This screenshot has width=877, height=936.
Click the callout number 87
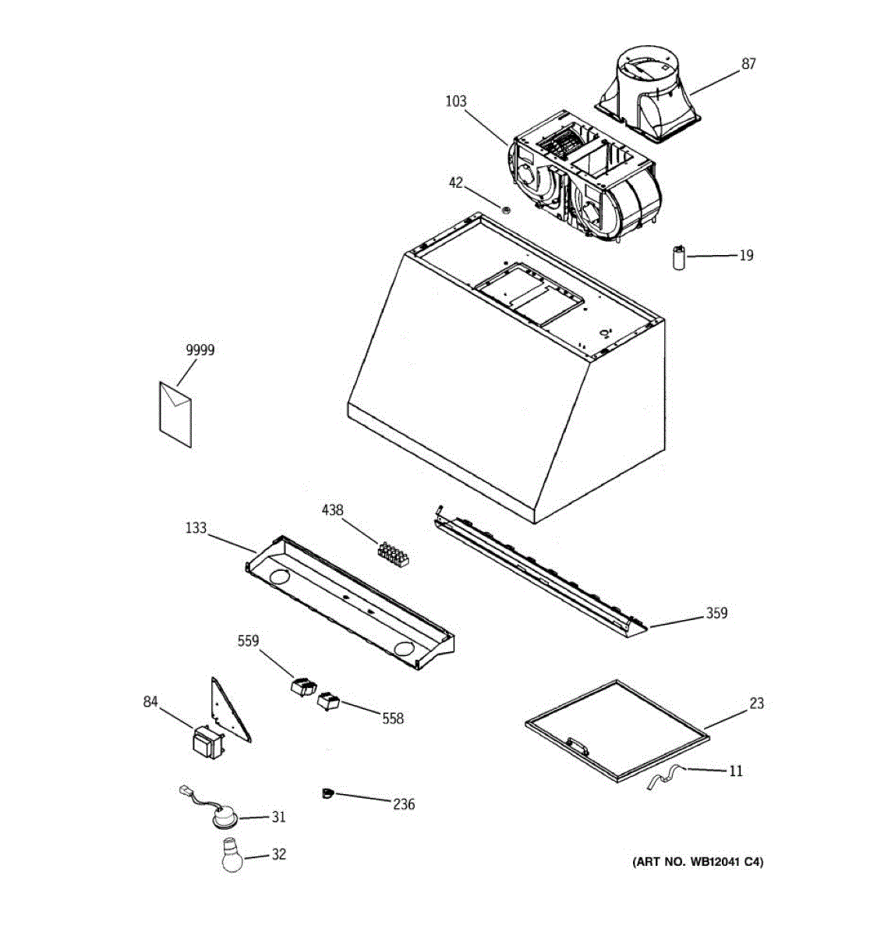click(748, 64)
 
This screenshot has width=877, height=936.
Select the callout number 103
click(455, 101)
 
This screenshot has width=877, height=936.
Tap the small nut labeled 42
click(504, 208)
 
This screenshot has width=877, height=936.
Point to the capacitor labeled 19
click(679, 257)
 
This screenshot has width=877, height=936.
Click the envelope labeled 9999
click(175, 413)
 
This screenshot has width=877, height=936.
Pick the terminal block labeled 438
click(394, 552)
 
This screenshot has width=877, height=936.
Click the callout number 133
click(196, 528)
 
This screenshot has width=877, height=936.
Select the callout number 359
click(716, 613)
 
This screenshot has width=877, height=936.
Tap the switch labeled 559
click(301, 688)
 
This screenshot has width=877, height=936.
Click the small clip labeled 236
click(327, 794)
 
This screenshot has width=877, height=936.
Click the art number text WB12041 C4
click(697, 862)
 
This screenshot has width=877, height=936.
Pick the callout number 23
click(756, 704)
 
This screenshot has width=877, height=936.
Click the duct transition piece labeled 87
click(650, 97)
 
